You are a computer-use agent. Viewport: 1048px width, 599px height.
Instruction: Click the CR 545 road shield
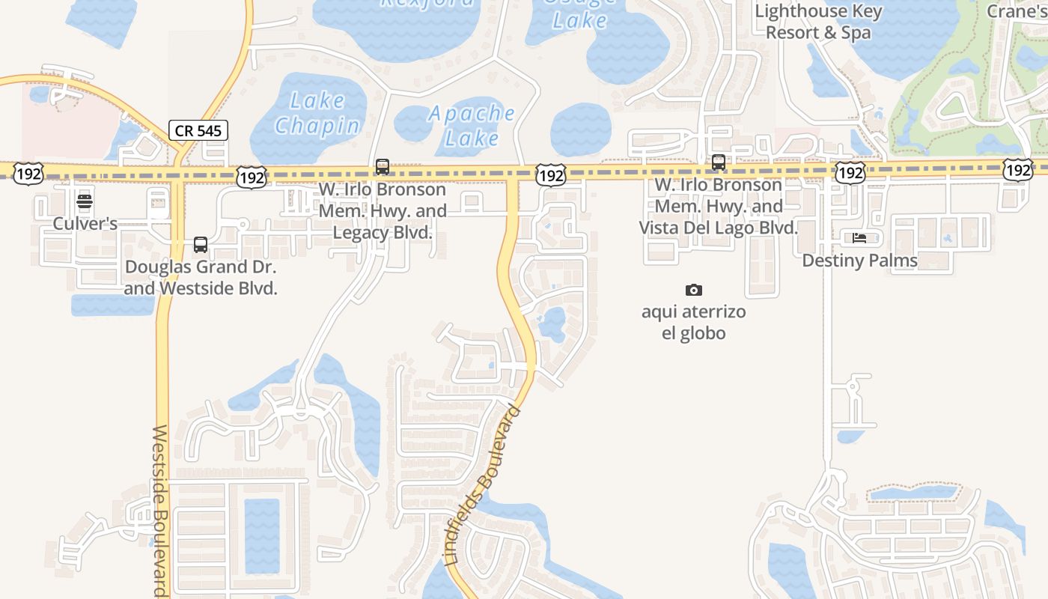pyautogui.click(x=198, y=130)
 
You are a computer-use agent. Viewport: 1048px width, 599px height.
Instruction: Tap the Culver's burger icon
pyautogui.click(x=85, y=201)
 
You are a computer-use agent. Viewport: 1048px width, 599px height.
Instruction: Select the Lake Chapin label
pyautogui.click(x=317, y=113)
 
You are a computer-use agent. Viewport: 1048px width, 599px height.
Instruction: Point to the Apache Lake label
pyautogui.click(x=472, y=125)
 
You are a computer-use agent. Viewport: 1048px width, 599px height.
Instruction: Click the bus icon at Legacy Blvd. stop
pyautogui.click(x=383, y=166)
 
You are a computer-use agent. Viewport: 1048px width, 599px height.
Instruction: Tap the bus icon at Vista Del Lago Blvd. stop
pyautogui.click(x=719, y=162)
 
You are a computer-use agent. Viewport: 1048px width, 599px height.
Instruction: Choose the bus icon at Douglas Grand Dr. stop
pyautogui.click(x=201, y=244)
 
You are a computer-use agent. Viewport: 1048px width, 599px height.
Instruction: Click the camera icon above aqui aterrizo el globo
pyautogui.click(x=694, y=290)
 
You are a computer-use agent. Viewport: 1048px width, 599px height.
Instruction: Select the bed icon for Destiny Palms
pyautogui.click(x=859, y=238)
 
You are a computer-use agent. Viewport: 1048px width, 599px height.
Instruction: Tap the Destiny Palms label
pyautogui.click(x=859, y=261)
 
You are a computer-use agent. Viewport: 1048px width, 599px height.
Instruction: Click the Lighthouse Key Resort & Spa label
pyautogui.click(x=818, y=22)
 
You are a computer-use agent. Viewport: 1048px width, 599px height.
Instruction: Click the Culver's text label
pyautogui.click(x=85, y=223)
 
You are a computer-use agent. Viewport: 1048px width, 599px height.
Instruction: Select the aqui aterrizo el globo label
pyautogui.click(x=694, y=322)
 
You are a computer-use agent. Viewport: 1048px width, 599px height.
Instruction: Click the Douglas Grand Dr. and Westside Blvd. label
pyautogui.click(x=201, y=277)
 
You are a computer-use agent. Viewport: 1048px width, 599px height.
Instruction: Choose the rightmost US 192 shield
pyautogui.click(x=1019, y=170)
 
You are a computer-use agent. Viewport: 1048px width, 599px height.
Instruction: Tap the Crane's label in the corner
pyautogui.click(x=1017, y=11)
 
